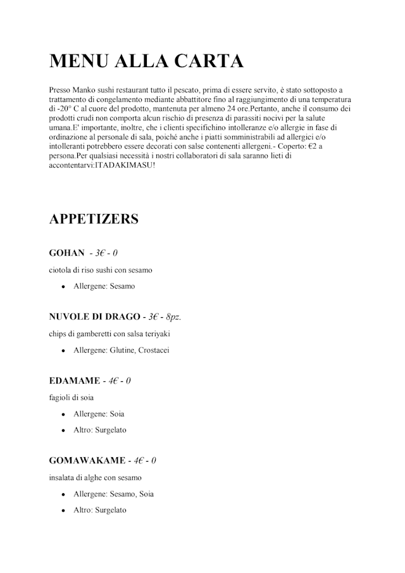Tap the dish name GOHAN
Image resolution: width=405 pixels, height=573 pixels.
coord(66,253)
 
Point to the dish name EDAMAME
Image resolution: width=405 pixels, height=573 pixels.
coord(74,381)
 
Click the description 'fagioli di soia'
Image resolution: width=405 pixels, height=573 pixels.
coord(73,398)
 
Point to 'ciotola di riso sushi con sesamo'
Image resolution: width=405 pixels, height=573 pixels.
coord(101,270)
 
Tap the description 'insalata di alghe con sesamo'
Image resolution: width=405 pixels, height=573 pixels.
coord(96,477)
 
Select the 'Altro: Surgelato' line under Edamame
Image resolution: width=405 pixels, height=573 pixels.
coord(100,430)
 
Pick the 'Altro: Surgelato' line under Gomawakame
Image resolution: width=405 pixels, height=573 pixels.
coord(100,510)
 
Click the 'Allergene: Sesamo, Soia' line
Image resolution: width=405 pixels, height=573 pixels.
coord(114,494)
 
